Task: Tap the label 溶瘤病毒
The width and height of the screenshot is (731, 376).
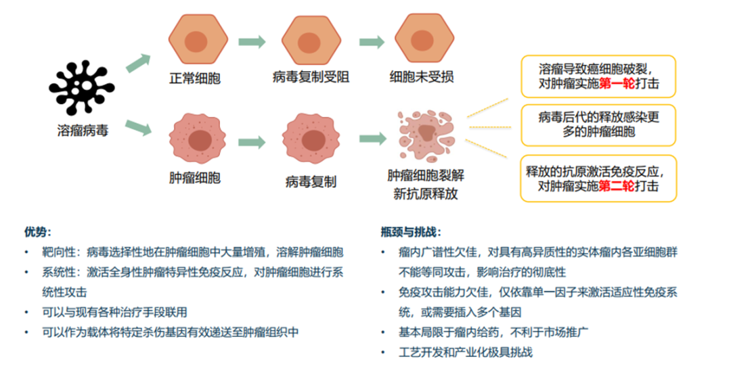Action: point(82,130)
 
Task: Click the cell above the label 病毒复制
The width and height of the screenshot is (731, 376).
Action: point(311,140)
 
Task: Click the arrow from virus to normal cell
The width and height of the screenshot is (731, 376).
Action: point(138,62)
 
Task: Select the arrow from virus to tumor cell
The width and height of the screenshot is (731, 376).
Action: point(138,126)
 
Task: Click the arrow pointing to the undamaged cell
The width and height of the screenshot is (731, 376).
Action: point(372,42)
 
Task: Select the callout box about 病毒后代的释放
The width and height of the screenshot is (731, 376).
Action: point(598,124)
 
